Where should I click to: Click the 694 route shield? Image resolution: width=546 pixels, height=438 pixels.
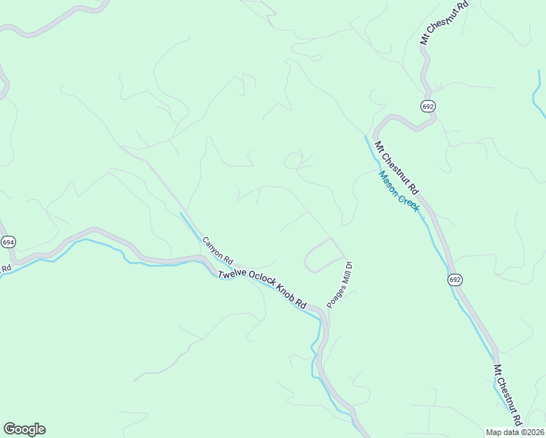[8, 242]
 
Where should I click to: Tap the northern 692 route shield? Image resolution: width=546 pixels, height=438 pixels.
[428, 107]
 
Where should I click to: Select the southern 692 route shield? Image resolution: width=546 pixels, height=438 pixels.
[455, 280]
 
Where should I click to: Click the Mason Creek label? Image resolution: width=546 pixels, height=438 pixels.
[399, 191]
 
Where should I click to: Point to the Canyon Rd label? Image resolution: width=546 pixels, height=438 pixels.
[217, 250]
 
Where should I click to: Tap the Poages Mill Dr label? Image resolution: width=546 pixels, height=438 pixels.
[339, 285]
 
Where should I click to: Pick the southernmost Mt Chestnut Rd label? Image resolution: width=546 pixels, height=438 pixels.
[508, 395]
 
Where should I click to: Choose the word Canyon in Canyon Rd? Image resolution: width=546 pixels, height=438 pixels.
[213, 247]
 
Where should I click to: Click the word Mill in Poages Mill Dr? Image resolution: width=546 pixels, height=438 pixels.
[343, 276]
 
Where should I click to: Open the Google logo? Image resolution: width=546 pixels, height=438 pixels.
[24, 429]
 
